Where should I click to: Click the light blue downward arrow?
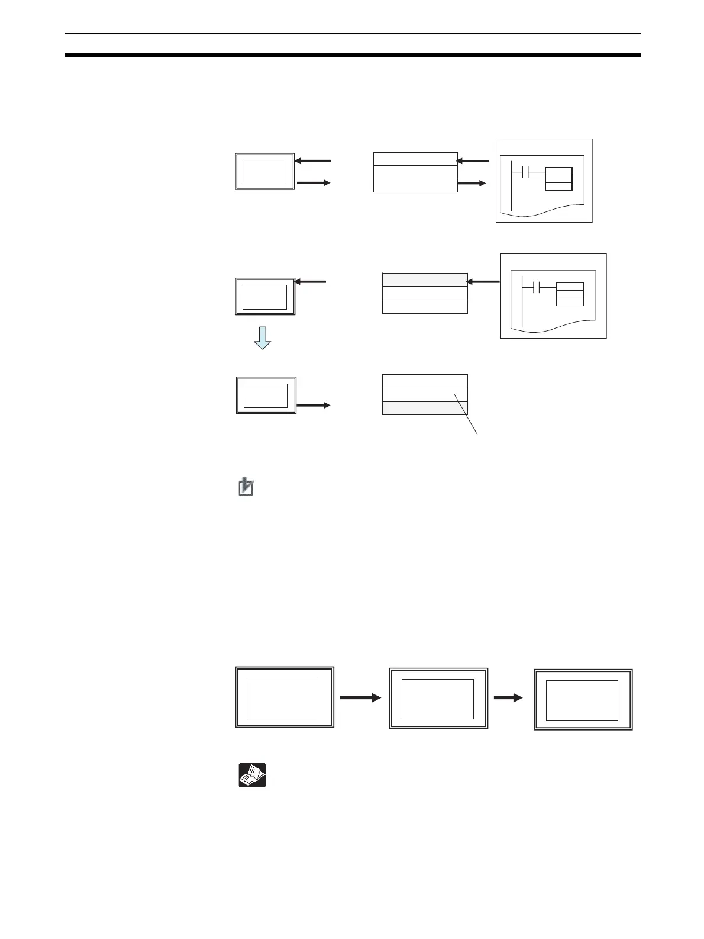point(262,337)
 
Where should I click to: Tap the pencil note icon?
point(246,487)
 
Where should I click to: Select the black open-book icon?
point(252,775)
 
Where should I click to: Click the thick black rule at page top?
point(353,55)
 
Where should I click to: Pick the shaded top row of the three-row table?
point(425,280)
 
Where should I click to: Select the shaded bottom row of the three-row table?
point(425,408)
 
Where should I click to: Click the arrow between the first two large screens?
point(360,699)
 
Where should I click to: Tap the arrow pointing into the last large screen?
point(508,699)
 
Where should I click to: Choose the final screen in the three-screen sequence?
point(583,699)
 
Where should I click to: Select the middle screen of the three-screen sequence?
point(438,699)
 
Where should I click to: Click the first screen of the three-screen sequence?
point(285,697)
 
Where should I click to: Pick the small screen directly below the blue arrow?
point(266,395)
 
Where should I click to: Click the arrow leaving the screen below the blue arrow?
point(313,406)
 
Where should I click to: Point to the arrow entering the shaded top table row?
point(483,281)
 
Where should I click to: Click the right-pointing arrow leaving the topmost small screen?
point(313,183)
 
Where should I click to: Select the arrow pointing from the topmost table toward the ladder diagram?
point(472,184)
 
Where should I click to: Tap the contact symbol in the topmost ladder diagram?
point(519,172)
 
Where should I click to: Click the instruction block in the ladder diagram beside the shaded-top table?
point(570,294)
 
